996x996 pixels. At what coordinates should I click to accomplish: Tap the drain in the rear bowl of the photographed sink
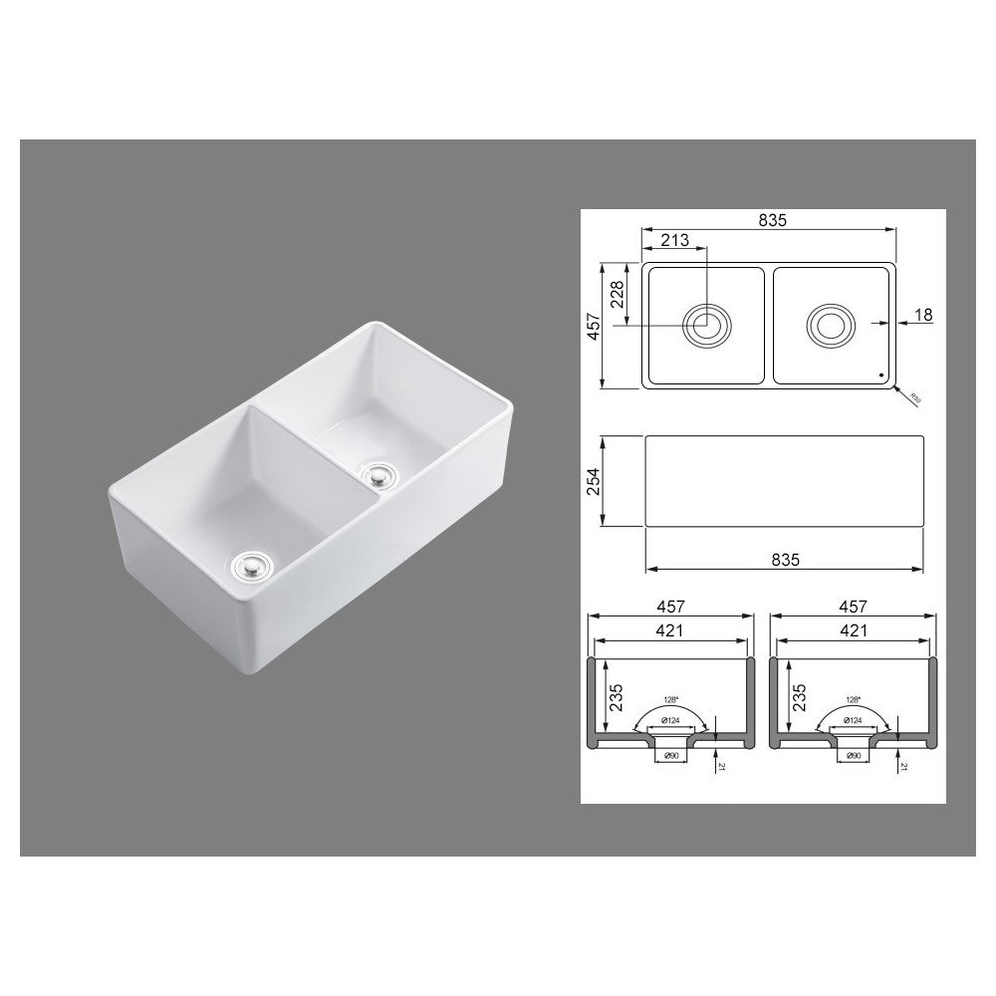(378, 473)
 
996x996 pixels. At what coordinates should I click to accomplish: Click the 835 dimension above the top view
(772, 221)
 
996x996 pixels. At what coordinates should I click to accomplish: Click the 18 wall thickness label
(922, 315)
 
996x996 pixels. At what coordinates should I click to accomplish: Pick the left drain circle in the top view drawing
(706, 325)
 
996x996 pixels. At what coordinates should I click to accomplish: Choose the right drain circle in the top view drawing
(829, 325)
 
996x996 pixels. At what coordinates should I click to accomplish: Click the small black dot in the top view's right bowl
(880, 375)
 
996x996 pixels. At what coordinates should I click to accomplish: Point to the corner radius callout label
(914, 398)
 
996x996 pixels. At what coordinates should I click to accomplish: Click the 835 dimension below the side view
(787, 561)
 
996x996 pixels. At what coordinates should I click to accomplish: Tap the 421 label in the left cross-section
(668, 629)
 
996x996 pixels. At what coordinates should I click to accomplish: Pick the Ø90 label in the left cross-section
(666, 756)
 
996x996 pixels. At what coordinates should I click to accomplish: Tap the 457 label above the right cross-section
(854, 606)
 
